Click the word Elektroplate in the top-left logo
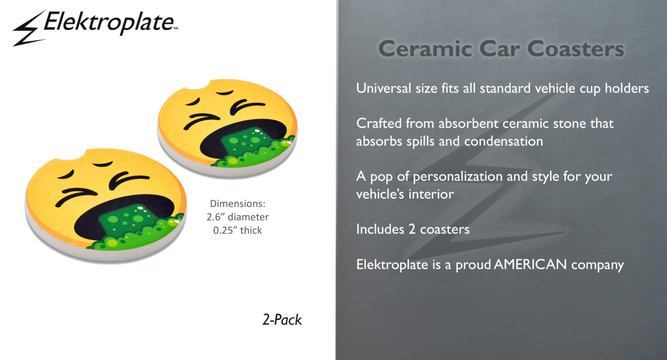[109, 22]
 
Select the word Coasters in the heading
[575, 49]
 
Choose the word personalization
[457, 176]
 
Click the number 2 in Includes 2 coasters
[412, 229]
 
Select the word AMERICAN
[530, 264]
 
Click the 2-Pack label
[282, 320]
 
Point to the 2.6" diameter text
[238, 217]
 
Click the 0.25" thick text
[238, 230]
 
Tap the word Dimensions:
[238, 204]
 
